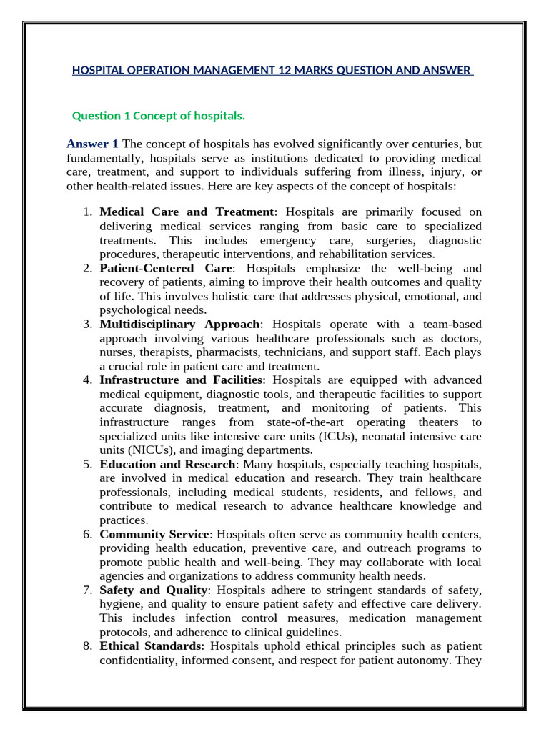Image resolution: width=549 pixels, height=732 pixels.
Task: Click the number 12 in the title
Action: click(299, 70)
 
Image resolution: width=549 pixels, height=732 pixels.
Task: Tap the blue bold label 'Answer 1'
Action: click(93, 144)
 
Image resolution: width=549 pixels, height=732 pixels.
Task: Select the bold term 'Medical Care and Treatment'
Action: click(187, 212)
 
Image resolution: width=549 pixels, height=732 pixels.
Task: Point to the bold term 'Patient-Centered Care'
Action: click(166, 268)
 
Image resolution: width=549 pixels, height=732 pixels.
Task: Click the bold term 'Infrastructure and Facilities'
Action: click(182, 380)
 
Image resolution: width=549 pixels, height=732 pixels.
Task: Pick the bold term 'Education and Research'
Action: click(167, 464)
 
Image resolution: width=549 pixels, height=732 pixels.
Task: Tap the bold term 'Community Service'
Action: click(154, 534)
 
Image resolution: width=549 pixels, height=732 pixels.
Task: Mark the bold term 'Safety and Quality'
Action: click(154, 590)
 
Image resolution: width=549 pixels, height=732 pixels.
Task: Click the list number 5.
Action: click(86, 464)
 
